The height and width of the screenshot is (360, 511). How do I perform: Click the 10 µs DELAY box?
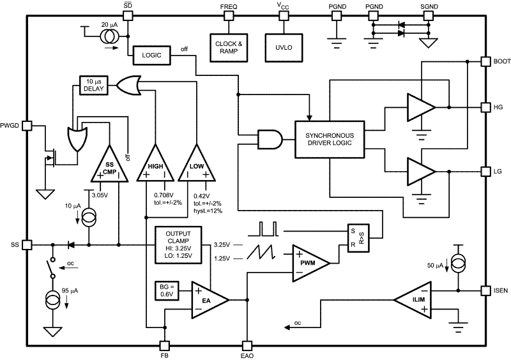94,86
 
